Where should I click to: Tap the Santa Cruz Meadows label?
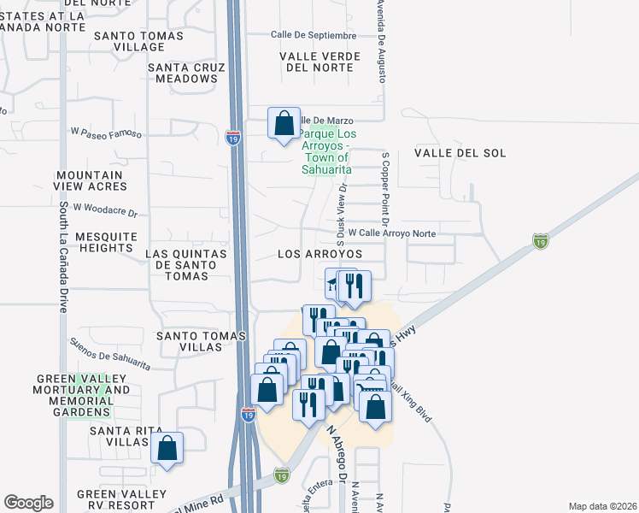[x=186, y=73]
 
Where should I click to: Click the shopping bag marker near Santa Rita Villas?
[x=167, y=448]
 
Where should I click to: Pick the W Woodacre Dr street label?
[x=105, y=208]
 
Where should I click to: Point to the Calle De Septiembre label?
[x=313, y=35]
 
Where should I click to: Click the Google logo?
[x=28, y=502]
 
